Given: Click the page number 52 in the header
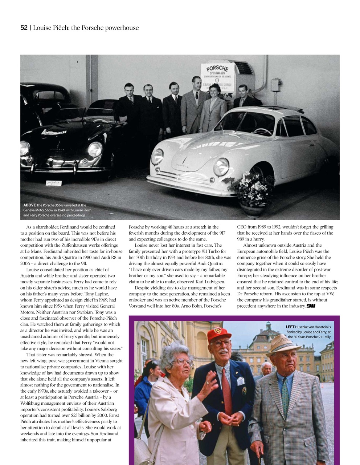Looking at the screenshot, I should point(24,28).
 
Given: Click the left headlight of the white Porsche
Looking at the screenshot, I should point(157,156).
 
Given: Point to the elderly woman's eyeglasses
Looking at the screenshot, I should point(184,362).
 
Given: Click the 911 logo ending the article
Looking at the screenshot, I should point(311,306).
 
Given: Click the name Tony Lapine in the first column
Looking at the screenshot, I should point(97,294).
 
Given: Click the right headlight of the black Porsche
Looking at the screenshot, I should point(95,149).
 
